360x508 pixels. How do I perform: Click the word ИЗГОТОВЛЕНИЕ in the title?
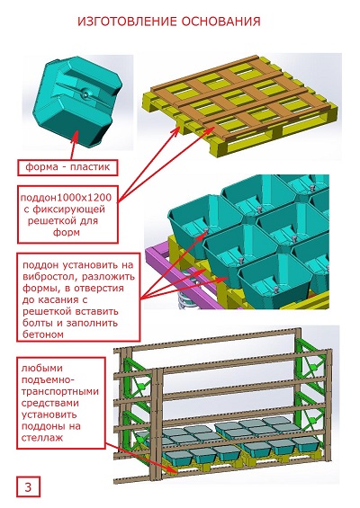tap(127, 22)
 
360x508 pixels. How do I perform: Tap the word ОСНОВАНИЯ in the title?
tap(220, 22)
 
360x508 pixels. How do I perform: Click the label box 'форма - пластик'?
tap(67, 167)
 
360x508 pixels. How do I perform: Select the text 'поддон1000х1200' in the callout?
tap(66, 197)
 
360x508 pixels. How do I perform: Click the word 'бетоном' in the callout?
tap(43, 334)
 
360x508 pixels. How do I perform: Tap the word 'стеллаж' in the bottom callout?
tap(41, 438)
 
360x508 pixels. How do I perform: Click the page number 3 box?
tap(28, 486)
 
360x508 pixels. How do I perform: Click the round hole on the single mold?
tap(85, 94)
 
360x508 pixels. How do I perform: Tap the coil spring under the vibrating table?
tap(187, 300)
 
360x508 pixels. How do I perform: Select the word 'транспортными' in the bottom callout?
tap(60, 391)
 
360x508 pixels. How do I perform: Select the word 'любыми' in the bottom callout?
tap(41, 368)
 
